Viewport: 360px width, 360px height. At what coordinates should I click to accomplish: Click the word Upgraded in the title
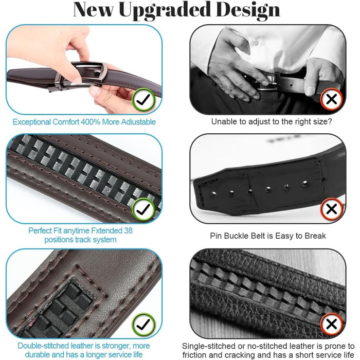point(164,10)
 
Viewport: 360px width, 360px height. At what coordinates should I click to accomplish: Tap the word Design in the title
point(248,10)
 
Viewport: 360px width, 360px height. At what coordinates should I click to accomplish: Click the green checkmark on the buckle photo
point(143,100)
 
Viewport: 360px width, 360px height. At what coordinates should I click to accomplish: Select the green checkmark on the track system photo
point(143,209)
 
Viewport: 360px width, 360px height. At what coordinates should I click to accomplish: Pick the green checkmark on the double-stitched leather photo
point(143,324)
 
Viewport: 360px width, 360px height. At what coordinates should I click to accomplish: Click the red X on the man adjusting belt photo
point(332,99)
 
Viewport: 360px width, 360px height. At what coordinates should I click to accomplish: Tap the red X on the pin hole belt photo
point(332,209)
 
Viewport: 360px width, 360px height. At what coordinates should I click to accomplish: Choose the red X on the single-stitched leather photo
point(332,324)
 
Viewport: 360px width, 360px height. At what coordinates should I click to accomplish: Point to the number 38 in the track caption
point(128,230)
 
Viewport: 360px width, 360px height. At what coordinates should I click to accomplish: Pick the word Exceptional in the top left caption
point(31,122)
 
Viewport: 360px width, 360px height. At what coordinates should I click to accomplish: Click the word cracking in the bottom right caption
point(241,355)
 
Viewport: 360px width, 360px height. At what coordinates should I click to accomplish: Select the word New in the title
point(93,10)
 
